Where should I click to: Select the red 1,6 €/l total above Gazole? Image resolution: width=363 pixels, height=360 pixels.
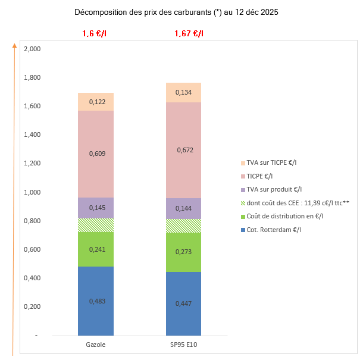click(95, 34)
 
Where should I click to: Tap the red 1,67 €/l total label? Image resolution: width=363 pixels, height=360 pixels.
click(189, 34)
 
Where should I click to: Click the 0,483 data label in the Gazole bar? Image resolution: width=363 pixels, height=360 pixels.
click(97, 301)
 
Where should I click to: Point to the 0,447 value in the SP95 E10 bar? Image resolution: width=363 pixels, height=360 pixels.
click(184, 303)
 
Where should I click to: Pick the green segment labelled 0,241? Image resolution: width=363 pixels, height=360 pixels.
click(97, 250)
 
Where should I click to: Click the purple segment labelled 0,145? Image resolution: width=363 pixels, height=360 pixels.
click(97, 208)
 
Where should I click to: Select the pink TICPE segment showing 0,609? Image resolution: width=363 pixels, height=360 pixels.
click(97, 154)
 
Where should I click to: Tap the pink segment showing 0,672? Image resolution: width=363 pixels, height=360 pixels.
click(184, 150)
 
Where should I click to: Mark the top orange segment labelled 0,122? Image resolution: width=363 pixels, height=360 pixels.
click(97, 102)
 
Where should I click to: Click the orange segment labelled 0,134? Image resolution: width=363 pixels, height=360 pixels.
click(184, 92)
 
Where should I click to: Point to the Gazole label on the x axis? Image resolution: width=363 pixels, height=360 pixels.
click(96, 345)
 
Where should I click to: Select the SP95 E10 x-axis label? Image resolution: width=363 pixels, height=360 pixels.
click(183, 345)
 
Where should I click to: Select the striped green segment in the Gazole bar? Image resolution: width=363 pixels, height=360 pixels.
click(96, 225)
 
